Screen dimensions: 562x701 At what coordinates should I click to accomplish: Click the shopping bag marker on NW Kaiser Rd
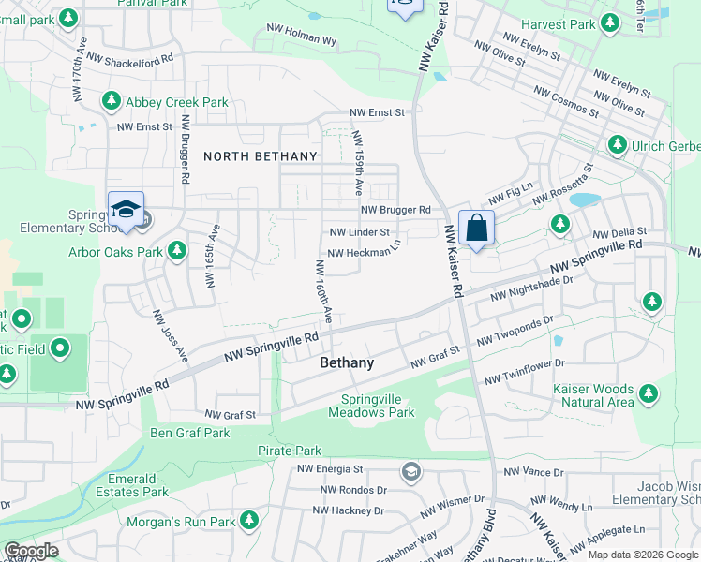click(476, 229)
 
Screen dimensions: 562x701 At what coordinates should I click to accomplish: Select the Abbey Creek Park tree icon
click(111, 101)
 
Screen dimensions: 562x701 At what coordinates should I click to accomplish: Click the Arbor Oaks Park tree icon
click(174, 252)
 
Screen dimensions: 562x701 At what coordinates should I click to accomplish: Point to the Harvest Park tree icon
click(611, 22)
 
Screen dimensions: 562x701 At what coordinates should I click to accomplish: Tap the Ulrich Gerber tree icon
click(617, 145)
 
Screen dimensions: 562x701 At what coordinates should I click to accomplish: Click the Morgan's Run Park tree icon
click(248, 520)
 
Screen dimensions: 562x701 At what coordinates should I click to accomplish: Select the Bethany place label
click(347, 362)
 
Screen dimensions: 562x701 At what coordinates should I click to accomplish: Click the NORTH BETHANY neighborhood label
click(253, 156)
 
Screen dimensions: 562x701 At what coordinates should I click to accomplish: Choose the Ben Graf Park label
click(190, 433)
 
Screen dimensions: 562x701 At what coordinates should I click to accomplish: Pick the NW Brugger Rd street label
click(395, 210)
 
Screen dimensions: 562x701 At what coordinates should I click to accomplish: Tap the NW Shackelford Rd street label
click(130, 58)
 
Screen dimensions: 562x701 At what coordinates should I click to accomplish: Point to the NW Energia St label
click(330, 469)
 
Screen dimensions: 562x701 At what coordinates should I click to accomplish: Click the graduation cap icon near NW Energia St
click(410, 470)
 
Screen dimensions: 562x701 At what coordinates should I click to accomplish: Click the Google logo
click(31, 551)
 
